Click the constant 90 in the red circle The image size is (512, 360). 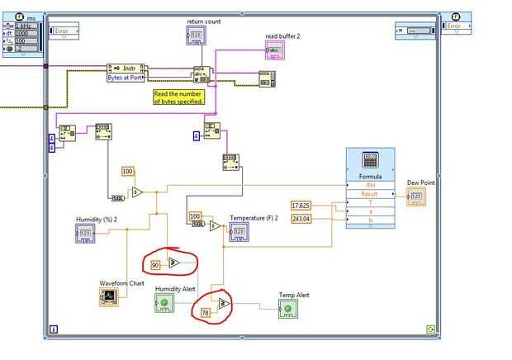[x=155, y=265]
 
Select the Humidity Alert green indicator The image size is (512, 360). [x=164, y=303]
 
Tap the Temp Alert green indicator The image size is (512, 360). [x=287, y=309]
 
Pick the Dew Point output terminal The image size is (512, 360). [x=417, y=197]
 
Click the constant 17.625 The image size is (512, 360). [x=301, y=205]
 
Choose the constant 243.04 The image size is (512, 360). [x=301, y=218]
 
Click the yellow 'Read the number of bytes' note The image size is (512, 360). [x=179, y=97]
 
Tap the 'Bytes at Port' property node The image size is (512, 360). [x=126, y=77]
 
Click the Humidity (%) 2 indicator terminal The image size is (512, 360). [x=86, y=233]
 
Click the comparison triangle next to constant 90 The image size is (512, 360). [x=174, y=263]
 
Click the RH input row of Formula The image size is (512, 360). [x=370, y=184]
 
